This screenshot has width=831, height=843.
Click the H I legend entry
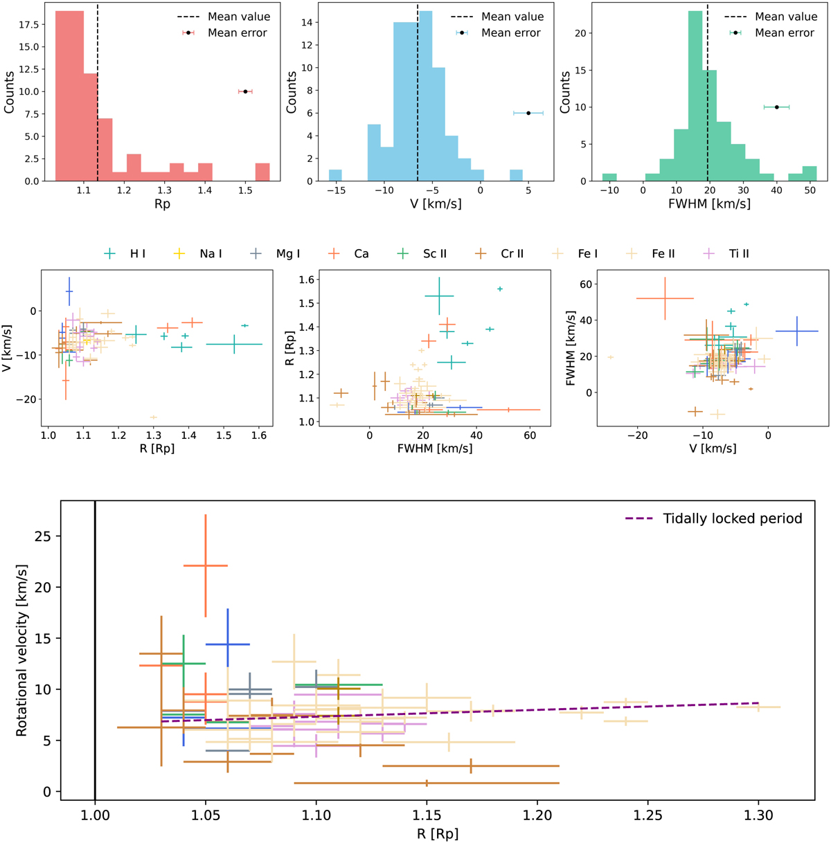pos(138,254)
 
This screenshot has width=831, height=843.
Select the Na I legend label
pos(211,254)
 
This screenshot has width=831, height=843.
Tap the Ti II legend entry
pos(738,254)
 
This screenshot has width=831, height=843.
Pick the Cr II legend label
pos(512,254)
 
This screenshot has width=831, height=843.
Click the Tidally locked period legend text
pos(732,518)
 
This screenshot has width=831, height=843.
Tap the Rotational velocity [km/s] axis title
pos(22,650)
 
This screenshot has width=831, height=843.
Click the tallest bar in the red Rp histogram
pos(69,97)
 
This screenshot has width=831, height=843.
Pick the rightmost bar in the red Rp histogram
pos(262,172)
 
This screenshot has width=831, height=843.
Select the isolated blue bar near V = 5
pos(516,176)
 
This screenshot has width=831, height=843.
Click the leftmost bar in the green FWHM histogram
pos(609,177)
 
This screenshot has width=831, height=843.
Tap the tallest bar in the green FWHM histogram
pos(696,97)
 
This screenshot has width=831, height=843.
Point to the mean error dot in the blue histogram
pos(528,113)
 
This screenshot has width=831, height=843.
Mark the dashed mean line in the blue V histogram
pos(418,104)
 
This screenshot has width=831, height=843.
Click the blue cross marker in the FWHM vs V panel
pos(797,332)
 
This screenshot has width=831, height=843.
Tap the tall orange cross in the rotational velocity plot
pos(206,566)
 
